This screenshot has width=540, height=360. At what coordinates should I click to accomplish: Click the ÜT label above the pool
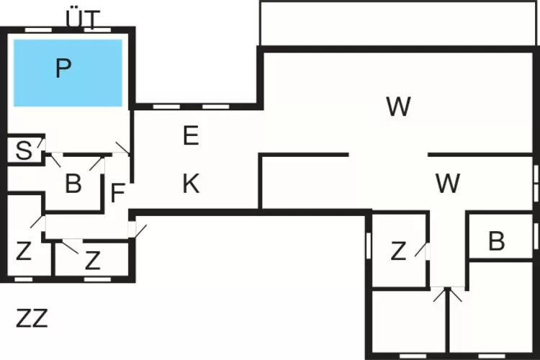[x=84, y=18]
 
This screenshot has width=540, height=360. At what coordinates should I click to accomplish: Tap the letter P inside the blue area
[x=63, y=68]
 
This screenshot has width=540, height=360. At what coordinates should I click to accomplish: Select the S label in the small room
[x=24, y=151]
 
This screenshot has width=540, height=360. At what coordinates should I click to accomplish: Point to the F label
[x=118, y=193]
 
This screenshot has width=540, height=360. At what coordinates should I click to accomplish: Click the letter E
[x=190, y=135]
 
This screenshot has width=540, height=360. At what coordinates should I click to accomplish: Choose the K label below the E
[x=190, y=184]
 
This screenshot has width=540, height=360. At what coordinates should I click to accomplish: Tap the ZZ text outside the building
[x=32, y=318]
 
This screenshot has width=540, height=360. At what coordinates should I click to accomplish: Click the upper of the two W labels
[x=398, y=107]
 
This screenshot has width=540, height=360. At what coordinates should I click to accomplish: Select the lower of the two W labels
[x=448, y=184]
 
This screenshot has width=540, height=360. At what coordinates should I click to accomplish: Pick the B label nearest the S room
[x=73, y=184]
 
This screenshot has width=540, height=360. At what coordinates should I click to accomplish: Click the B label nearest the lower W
[x=496, y=242]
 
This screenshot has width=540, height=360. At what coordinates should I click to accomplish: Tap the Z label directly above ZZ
[x=24, y=252]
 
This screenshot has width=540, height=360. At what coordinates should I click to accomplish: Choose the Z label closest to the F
[x=92, y=260]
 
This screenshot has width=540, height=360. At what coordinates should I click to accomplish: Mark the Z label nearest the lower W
[x=398, y=251]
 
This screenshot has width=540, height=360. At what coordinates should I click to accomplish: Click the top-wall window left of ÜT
[x=37, y=30]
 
